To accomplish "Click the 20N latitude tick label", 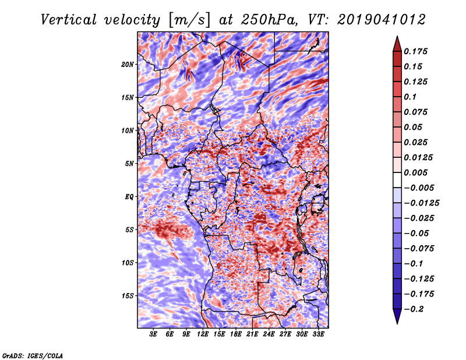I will click(128, 64).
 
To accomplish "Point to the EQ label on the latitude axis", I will click(129, 197).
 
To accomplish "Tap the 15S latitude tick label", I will click(128, 296).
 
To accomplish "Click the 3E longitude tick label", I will click(154, 335).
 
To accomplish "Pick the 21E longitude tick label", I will click(252, 335).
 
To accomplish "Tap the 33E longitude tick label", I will click(318, 335).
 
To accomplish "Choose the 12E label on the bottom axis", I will click(203, 335).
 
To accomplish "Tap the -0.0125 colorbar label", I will click(423, 203).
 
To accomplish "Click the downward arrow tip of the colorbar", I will click(397, 322).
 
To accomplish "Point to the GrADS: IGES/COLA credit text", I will click(33, 355).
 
